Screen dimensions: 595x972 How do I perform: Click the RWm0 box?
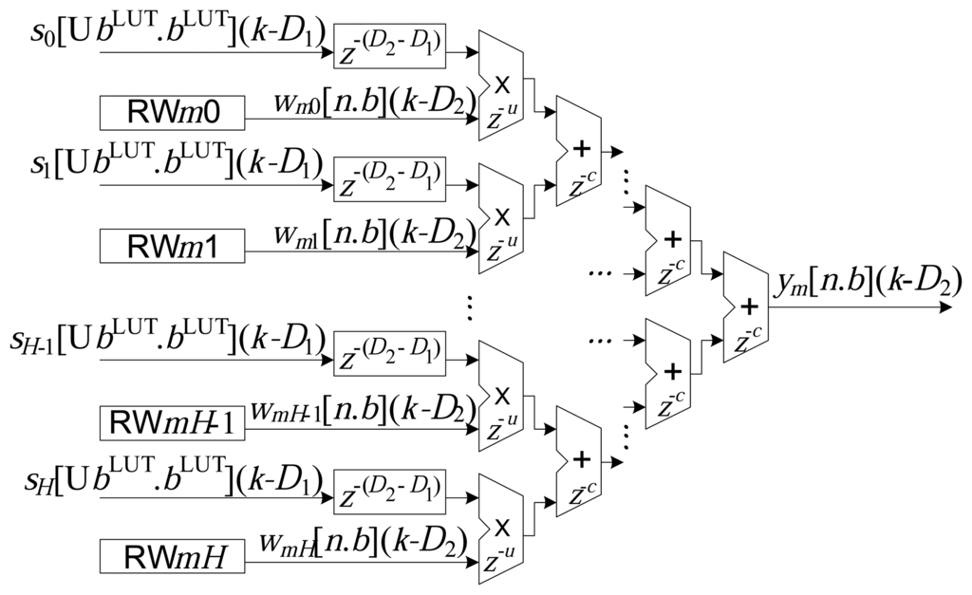172,113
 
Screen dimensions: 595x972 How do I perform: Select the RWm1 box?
172,246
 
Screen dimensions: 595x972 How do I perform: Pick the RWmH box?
172,555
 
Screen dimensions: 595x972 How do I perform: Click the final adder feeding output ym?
749,307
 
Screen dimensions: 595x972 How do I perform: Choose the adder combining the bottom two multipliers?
581,461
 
